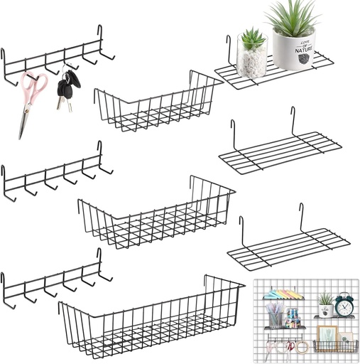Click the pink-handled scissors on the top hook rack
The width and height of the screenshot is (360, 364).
click(x=32, y=100)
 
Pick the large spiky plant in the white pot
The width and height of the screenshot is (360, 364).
click(x=292, y=17)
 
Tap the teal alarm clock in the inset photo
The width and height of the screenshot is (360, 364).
click(x=344, y=306)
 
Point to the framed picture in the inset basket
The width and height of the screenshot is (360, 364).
click(x=327, y=335)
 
